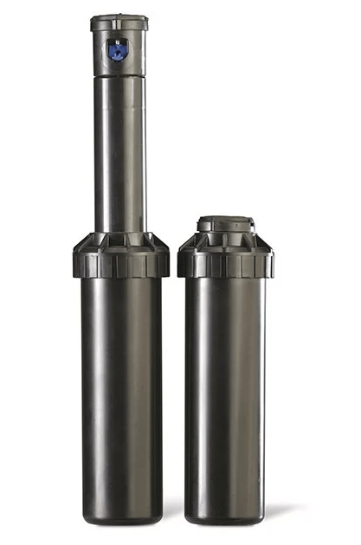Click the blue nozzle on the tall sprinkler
[x=119, y=50]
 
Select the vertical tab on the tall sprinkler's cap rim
[x=119, y=26]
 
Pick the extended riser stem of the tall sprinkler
[x=119, y=156]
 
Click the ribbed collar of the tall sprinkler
[x=120, y=255]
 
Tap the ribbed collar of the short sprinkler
[x=225, y=256]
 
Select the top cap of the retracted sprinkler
[x=225, y=222]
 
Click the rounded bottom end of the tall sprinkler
[x=121, y=515]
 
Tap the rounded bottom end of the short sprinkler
[x=225, y=516]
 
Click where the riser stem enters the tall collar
[x=119, y=232]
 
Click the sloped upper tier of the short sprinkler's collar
[x=225, y=240]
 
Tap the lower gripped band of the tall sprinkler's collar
[x=120, y=266]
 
